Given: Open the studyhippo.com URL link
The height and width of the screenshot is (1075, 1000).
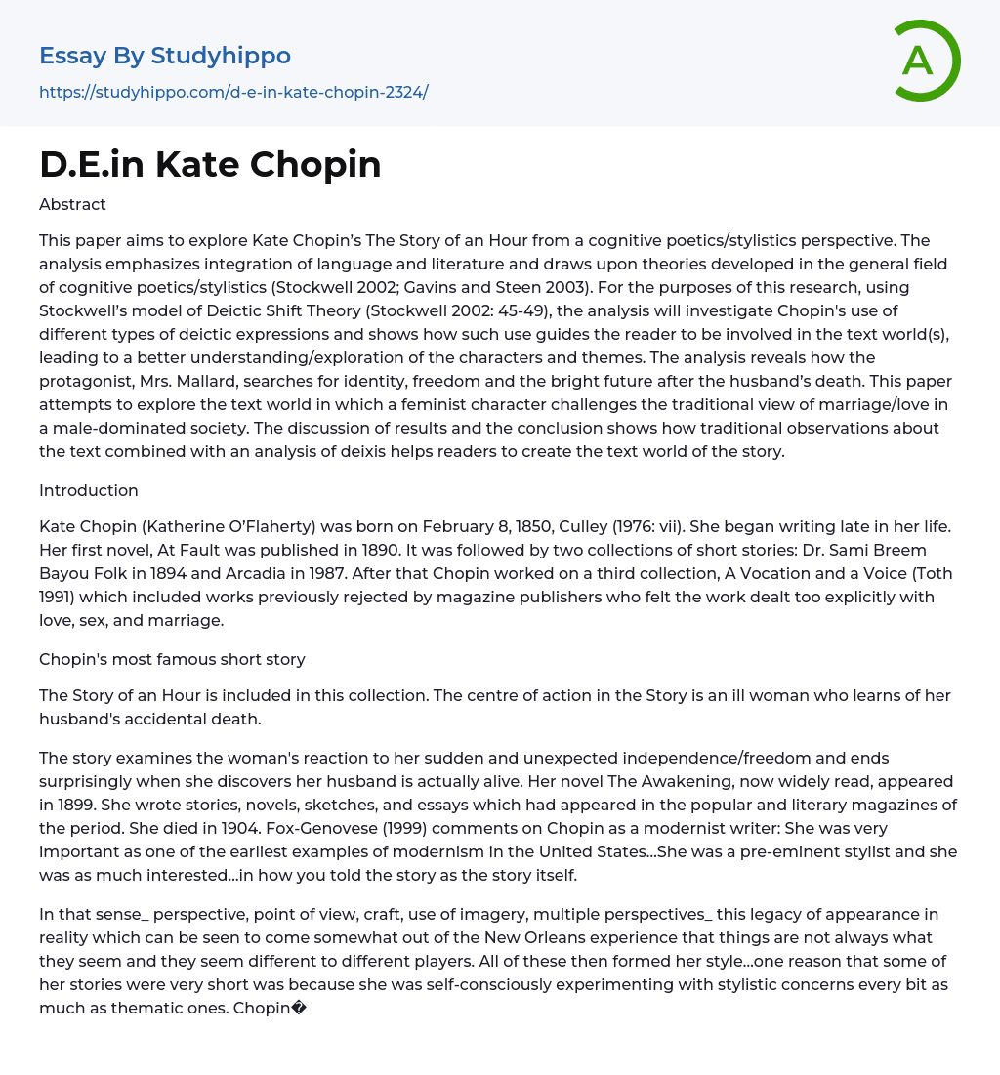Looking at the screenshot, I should pos(233,92).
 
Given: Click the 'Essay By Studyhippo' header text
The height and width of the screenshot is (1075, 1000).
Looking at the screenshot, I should pos(165,56).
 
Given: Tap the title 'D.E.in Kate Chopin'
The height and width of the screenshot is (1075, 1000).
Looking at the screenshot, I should pos(210,164).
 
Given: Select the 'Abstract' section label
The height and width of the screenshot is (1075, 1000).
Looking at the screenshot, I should pos(72,204).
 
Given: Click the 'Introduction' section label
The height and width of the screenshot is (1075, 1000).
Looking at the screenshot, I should pos(89,490).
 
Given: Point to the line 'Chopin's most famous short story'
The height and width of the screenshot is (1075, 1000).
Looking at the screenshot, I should pos(172,659).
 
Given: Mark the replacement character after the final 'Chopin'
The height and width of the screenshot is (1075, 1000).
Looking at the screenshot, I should pos(300,1008).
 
